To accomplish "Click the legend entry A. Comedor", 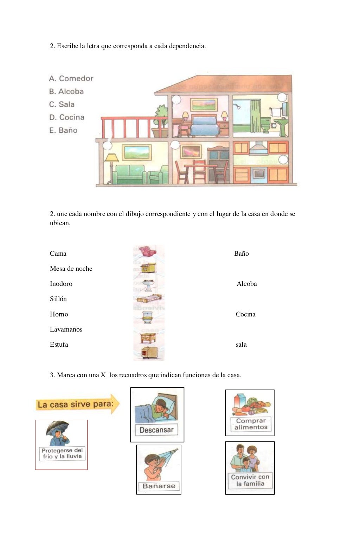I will click(71, 78).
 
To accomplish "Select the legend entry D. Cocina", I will click(67, 117).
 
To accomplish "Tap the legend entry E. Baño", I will click(63, 130).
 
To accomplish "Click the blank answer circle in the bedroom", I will click(176, 99).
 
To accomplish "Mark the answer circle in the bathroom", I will click(282, 97).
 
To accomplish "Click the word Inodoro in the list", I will click(61, 284).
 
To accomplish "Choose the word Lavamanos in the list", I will click(66, 329).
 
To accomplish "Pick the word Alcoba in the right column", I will click(247, 284).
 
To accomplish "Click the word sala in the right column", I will click(241, 345).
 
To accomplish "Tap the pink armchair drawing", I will click(148, 252).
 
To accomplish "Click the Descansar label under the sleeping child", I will click(156, 430).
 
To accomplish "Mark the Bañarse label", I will click(159, 486).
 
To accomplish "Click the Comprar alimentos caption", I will click(251, 424).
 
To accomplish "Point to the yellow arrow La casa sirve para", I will click(77, 404).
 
